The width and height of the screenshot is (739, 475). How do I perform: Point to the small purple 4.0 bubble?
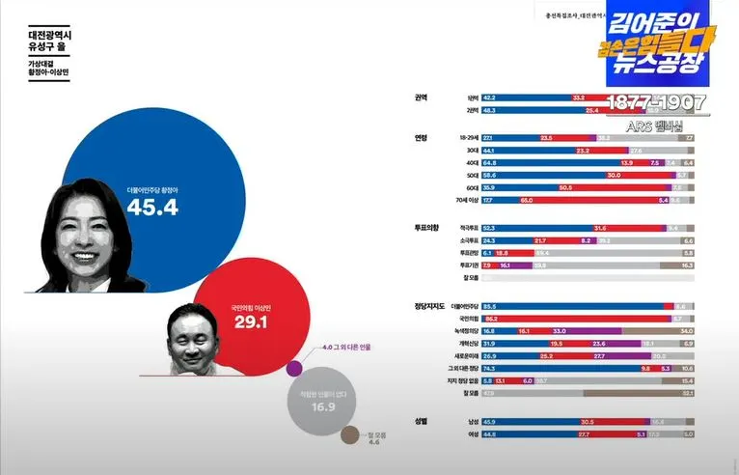[295, 367]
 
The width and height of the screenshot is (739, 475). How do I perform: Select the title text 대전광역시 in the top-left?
[51, 36]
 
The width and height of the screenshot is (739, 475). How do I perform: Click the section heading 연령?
[421, 138]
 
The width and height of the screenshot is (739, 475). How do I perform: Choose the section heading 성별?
[421, 422]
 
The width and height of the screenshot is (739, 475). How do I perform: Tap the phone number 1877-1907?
[657, 102]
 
